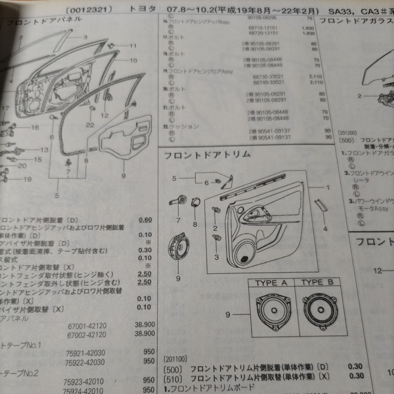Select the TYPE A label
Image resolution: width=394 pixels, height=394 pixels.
tap(271, 283)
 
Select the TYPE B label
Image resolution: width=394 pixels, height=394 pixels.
tap(317, 282)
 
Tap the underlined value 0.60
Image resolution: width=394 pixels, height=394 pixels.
tap(145, 220)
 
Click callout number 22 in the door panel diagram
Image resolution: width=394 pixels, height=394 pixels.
tap(90, 125)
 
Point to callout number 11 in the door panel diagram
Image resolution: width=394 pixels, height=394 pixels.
tap(132, 46)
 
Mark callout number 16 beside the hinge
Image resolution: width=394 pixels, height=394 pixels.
tap(35, 128)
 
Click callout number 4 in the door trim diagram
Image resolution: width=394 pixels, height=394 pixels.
tap(325, 229)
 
